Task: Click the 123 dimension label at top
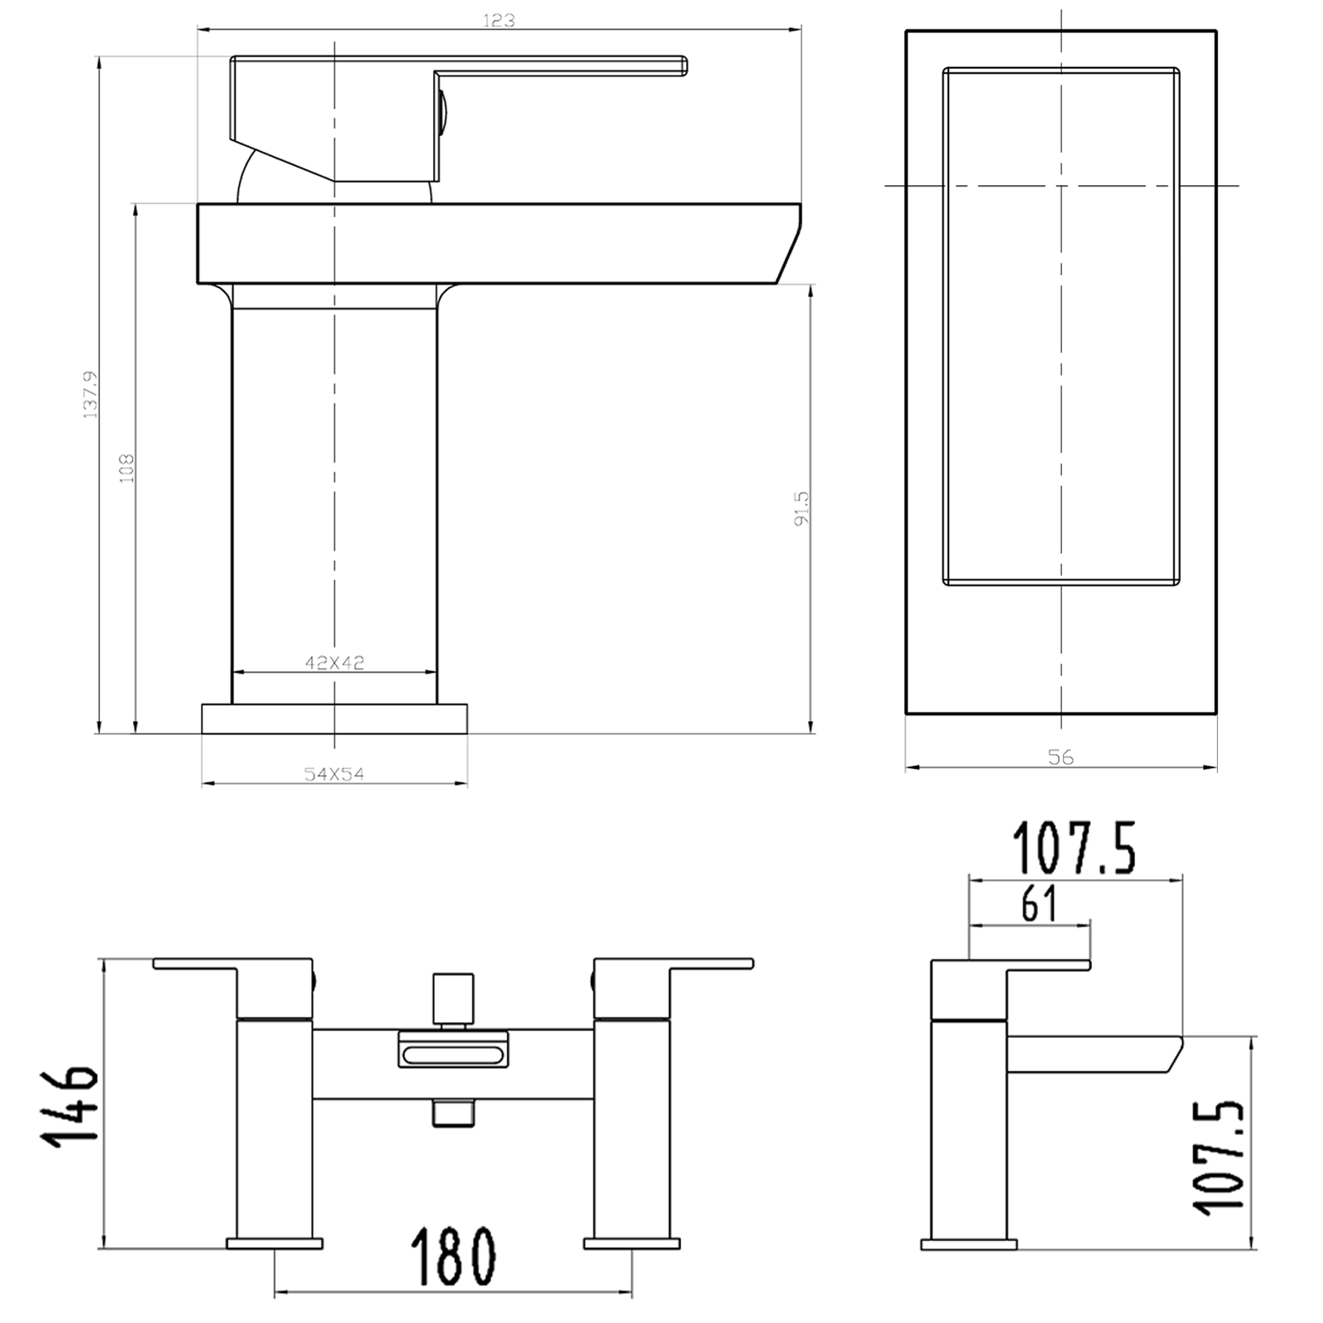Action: pos(498,19)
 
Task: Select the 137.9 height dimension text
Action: pos(91,394)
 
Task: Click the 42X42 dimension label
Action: pos(334,662)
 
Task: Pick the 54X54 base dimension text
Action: pos(334,774)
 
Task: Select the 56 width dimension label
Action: pos(1060,756)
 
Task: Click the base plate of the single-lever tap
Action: pos(334,718)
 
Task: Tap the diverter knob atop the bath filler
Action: pos(452,997)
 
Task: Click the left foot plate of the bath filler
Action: pos(274,1244)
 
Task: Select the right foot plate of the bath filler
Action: pos(631,1244)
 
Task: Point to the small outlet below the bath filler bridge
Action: pos(452,1113)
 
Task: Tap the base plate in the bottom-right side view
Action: pos(968,1245)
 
